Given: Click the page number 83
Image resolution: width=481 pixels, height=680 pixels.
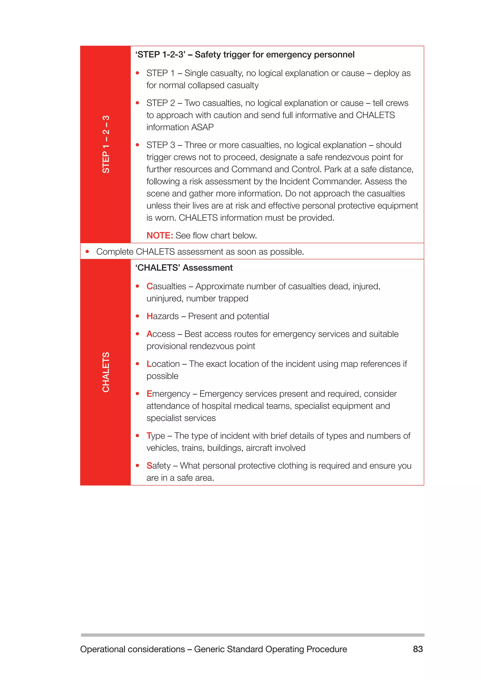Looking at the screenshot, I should [418, 649].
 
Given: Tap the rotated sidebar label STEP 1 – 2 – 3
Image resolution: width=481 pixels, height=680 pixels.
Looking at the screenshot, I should [106, 144].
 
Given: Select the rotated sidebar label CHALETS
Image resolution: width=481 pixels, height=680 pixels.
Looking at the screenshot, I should [106, 372].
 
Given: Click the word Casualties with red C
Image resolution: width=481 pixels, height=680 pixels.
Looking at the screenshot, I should [166, 286].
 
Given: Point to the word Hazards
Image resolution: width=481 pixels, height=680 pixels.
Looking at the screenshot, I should [163, 316].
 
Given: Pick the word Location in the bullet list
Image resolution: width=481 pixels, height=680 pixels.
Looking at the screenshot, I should [163, 364].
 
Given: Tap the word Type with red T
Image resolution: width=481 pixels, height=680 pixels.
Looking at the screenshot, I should [156, 436].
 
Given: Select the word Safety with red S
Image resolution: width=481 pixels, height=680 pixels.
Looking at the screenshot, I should [159, 466].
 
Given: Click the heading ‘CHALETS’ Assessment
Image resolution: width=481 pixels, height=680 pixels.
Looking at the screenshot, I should [184, 268].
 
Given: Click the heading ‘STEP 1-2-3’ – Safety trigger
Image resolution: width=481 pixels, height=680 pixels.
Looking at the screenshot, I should [245, 54].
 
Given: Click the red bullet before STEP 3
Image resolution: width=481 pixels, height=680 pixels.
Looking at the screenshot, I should [137, 145].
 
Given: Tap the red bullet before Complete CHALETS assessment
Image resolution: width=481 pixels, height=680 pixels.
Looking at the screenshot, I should [87, 251].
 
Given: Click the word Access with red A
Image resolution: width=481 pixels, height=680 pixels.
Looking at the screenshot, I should [161, 334].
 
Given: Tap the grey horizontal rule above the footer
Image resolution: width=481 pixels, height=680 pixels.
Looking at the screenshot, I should [252, 635].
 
